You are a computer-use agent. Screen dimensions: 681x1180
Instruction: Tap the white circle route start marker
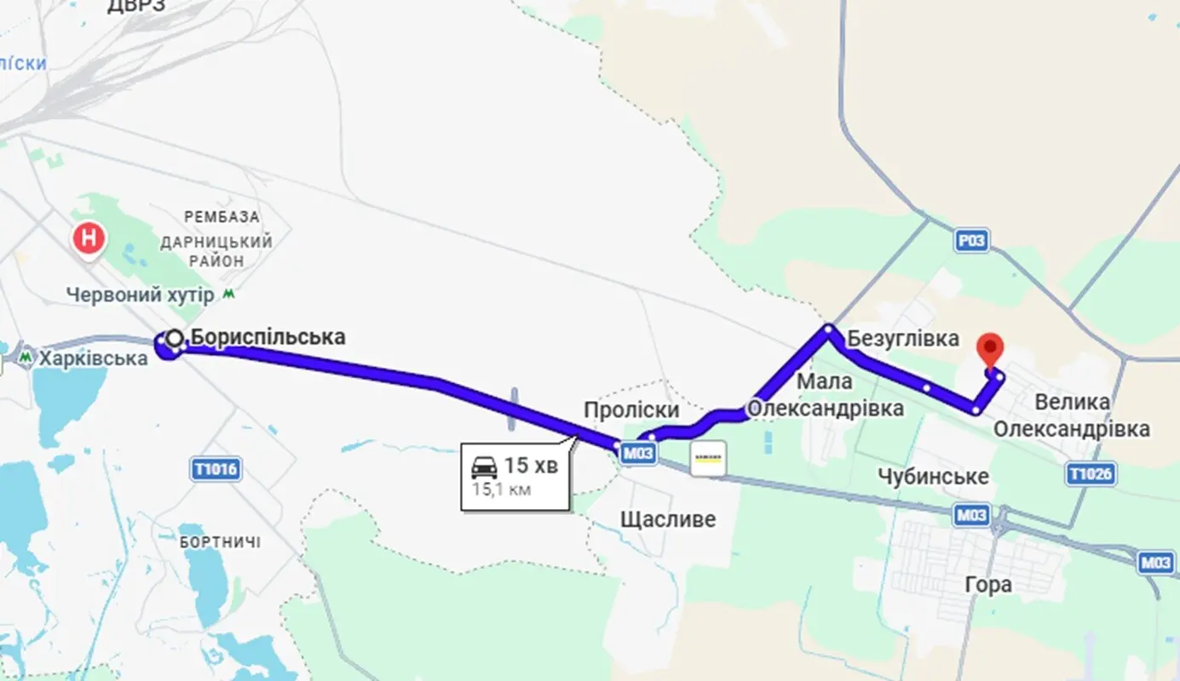coord(175,339)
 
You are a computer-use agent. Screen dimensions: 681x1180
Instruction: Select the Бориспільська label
coord(268,337)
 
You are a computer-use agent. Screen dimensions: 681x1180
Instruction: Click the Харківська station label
coord(94,358)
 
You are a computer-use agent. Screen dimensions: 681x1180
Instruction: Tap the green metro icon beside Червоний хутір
coord(228,295)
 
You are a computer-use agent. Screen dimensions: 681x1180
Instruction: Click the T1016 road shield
coord(216,469)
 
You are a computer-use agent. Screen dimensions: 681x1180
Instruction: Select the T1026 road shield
coord(1091,473)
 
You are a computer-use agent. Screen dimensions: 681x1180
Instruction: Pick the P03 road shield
coord(971,242)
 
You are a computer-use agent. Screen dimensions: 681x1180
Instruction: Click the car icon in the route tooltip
coord(484,466)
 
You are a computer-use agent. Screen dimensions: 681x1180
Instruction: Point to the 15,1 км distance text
coord(502,489)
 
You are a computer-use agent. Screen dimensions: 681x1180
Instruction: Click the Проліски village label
coord(631,410)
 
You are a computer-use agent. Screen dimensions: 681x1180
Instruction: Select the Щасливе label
coord(667,519)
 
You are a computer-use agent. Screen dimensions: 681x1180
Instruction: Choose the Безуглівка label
coord(902,339)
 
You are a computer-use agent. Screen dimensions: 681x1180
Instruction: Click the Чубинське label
coord(935,476)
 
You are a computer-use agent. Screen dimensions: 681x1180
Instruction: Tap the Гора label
coord(988,585)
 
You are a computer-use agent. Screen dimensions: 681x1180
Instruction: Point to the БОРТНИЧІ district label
coord(220,542)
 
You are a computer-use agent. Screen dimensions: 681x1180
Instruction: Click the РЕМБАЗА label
coord(222,217)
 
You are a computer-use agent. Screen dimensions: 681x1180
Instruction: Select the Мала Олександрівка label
coord(825,396)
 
